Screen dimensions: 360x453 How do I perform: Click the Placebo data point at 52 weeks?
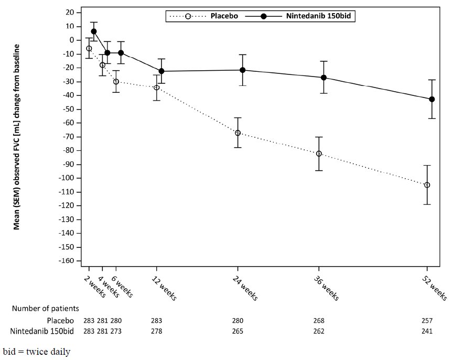pyautogui.click(x=427, y=185)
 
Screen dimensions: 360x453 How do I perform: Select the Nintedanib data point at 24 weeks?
pyautogui.click(x=242, y=70)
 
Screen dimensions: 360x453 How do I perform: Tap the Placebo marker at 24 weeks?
pyautogui.click(x=238, y=133)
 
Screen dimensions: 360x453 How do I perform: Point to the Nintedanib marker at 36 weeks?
pyautogui.click(x=323, y=78)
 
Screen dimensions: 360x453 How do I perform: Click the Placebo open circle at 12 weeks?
pyautogui.click(x=156, y=88)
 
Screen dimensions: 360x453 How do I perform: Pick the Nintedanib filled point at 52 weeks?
pyautogui.click(x=432, y=99)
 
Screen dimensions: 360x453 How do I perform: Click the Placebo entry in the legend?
pyautogui.click(x=224, y=16)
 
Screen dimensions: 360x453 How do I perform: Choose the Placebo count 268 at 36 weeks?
pyautogui.click(x=319, y=320)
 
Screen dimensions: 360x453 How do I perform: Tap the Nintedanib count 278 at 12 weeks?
pyautogui.click(x=156, y=331)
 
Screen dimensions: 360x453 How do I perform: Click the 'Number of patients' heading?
pyautogui.click(x=46, y=309)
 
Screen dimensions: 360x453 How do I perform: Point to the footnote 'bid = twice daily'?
pyautogui.click(x=36, y=351)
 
